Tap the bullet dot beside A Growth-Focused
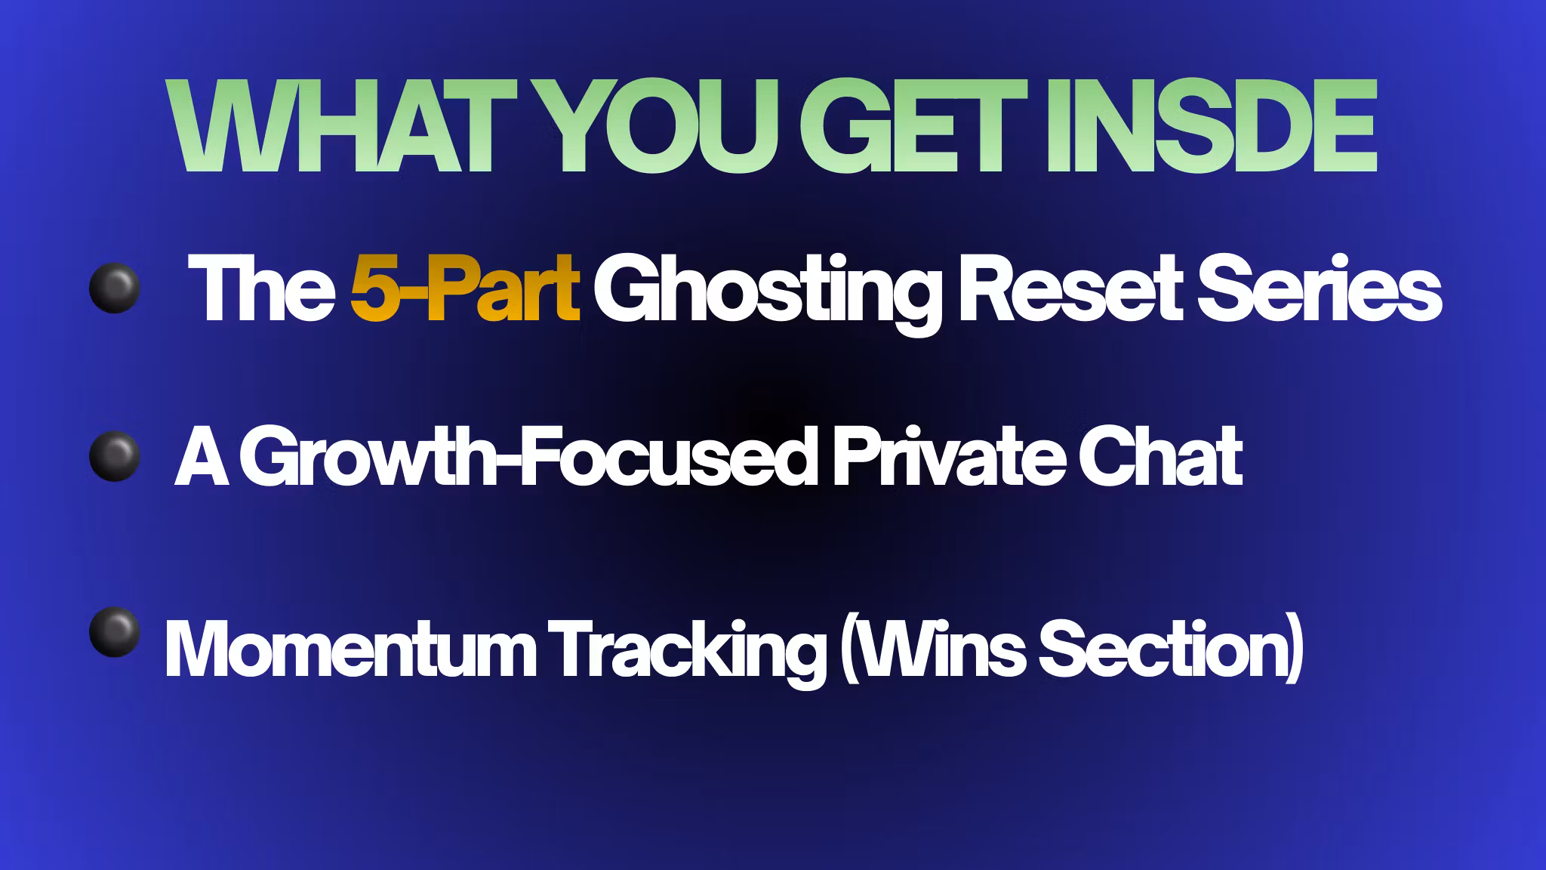tap(114, 457)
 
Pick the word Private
tap(944, 458)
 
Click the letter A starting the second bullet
tap(203, 458)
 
